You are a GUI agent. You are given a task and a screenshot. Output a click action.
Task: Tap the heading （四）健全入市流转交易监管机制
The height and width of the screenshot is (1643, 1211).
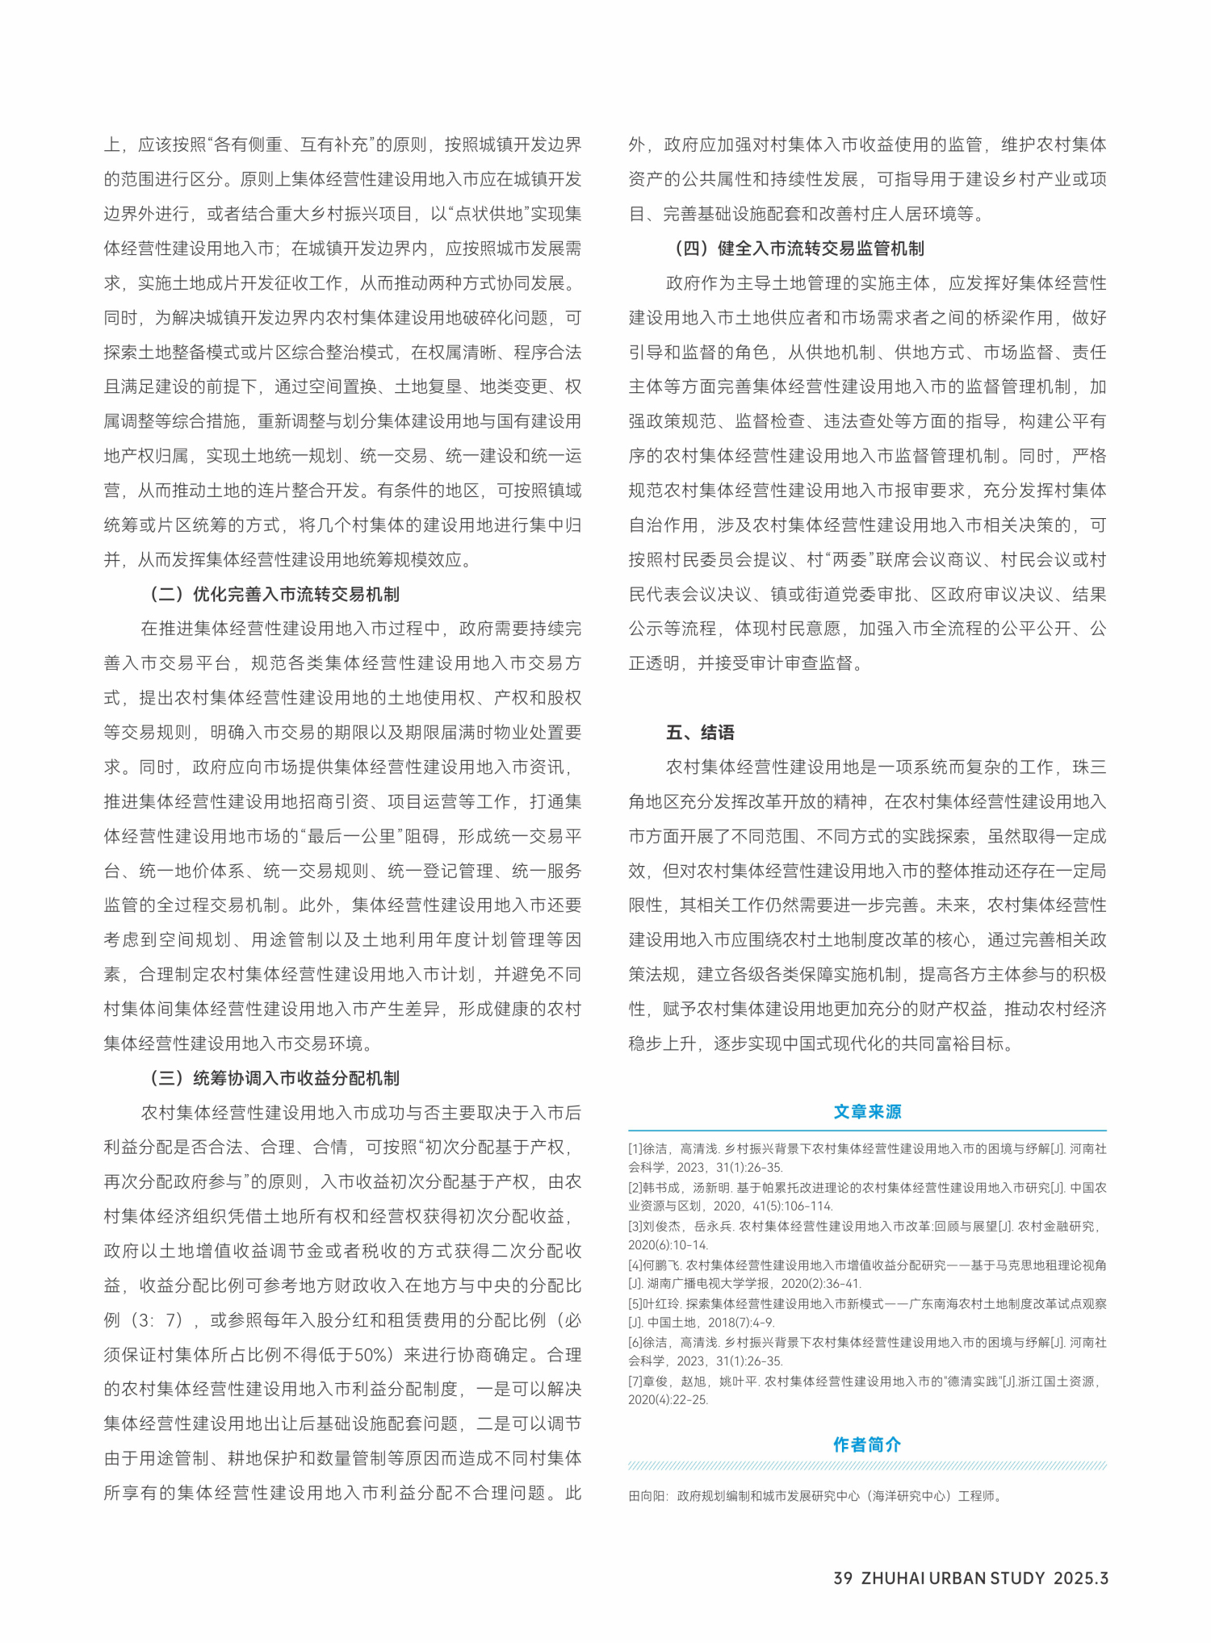(798, 249)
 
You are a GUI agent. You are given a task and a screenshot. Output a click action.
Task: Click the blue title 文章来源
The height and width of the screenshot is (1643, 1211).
(867, 1112)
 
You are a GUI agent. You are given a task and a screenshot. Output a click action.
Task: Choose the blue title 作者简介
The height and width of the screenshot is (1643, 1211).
(867, 1444)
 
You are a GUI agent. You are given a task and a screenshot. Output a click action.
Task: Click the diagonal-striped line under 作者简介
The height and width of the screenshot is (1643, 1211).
(867, 1466)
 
